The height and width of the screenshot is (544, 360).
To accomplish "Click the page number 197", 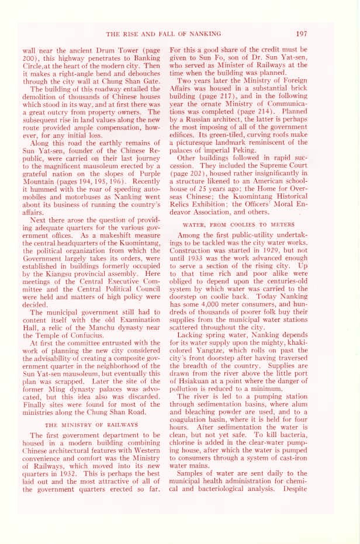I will pyautogui.click(x=301, y=33).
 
